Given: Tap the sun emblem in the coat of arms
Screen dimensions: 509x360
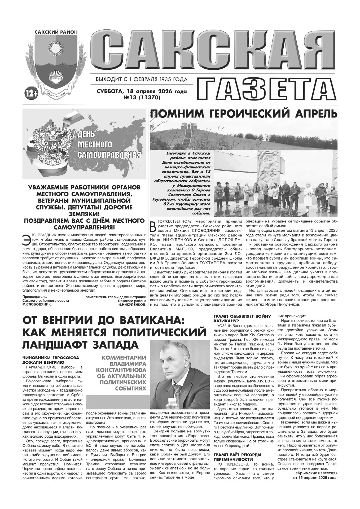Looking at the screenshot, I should point(56,48).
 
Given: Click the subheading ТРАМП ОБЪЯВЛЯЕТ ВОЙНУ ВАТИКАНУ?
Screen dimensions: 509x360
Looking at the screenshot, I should point(242,318).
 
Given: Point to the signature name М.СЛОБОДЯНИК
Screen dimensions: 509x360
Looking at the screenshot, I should point(37,305).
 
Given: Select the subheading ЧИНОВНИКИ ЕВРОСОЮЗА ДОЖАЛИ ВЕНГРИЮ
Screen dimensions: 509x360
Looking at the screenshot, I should point(51,360).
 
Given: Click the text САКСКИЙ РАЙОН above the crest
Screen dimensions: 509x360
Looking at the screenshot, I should point(56,32).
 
